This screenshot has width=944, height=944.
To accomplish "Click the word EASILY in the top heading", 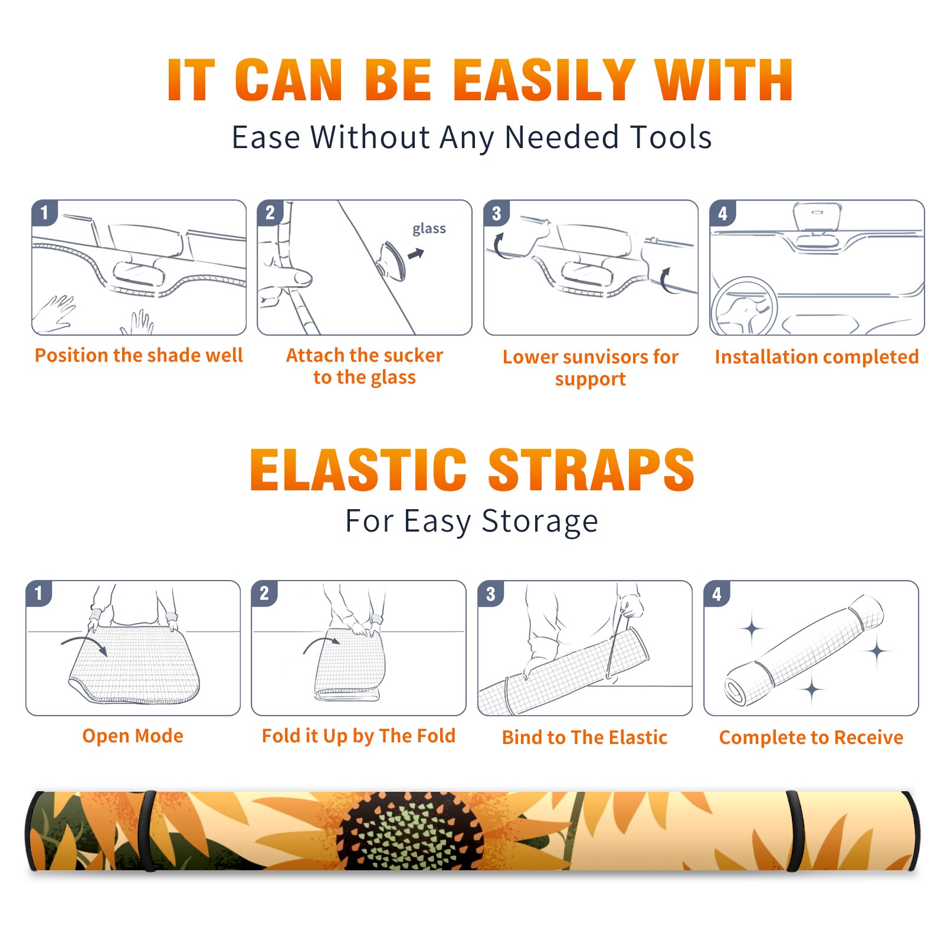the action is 544,80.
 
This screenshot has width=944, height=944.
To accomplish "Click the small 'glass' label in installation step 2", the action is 429,229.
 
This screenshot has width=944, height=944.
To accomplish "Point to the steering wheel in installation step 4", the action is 744,306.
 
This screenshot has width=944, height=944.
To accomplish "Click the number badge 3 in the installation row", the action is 496,213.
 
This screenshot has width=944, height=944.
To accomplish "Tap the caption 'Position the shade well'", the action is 139,355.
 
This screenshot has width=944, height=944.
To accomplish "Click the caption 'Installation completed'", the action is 817,356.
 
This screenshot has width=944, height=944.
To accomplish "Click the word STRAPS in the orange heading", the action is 591,470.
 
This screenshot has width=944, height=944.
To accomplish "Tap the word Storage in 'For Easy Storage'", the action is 540,522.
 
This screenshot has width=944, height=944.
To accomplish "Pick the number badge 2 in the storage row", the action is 264,593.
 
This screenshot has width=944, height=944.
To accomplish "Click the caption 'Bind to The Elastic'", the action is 584,737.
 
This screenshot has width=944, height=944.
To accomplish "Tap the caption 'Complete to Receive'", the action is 811,737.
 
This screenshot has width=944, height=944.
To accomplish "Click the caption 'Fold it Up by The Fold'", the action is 358,736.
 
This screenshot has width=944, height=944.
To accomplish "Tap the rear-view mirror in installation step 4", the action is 817,217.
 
